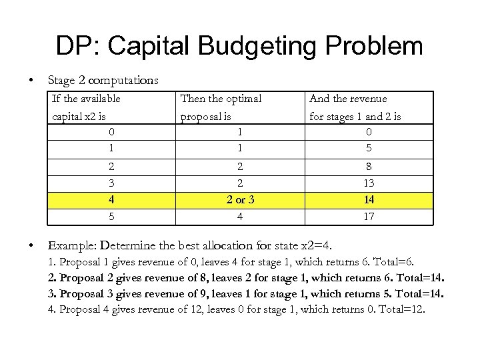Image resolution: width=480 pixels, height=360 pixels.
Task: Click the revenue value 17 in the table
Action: (369, 217)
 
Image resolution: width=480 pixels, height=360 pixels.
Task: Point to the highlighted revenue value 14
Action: (369, 200)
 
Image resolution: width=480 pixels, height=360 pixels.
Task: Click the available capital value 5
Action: (112, 217)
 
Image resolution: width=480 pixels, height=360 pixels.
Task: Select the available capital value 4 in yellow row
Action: (112, 200)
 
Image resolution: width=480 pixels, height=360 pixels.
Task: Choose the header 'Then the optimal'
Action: (221, 99)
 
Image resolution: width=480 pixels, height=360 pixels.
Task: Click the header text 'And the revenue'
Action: (348, 99)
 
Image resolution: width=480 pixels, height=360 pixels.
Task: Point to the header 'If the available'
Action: (87, 99)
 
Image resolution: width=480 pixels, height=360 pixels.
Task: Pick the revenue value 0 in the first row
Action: (369, 132)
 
